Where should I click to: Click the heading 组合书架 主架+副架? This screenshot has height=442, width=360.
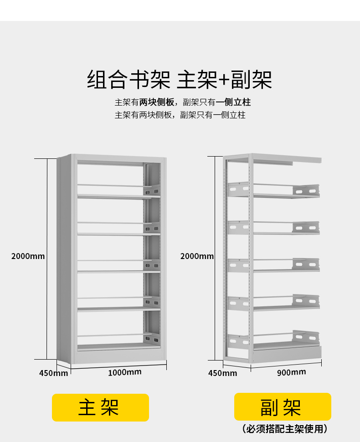(x=180, y=80)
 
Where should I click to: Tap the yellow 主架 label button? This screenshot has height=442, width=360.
(x=100, y=407)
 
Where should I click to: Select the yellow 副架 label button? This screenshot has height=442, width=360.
(x=282, y=406)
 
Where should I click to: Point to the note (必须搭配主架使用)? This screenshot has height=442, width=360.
(x=285, y=429)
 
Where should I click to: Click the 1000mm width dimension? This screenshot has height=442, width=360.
(x=124, y=372)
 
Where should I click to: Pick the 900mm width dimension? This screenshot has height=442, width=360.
(x=292, y=372)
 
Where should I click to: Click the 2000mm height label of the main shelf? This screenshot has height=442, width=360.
(x=28, y=256)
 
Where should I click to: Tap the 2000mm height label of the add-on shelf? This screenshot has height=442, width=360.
(x=197, y=256)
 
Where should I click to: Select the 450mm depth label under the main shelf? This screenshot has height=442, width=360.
(x=53, y=373)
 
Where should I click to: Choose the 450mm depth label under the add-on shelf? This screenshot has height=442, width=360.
(x=222, y=373)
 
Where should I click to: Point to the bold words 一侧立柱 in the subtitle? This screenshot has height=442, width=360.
(x=233, y=102)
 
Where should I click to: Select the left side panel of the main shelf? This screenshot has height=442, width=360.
(x=65, y=259)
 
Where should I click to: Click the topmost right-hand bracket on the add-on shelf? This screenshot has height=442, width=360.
(x=306, y=191)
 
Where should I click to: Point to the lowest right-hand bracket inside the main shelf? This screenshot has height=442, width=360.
(x=152, y=338)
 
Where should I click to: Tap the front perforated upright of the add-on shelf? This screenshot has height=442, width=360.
(x=250, y=259)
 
